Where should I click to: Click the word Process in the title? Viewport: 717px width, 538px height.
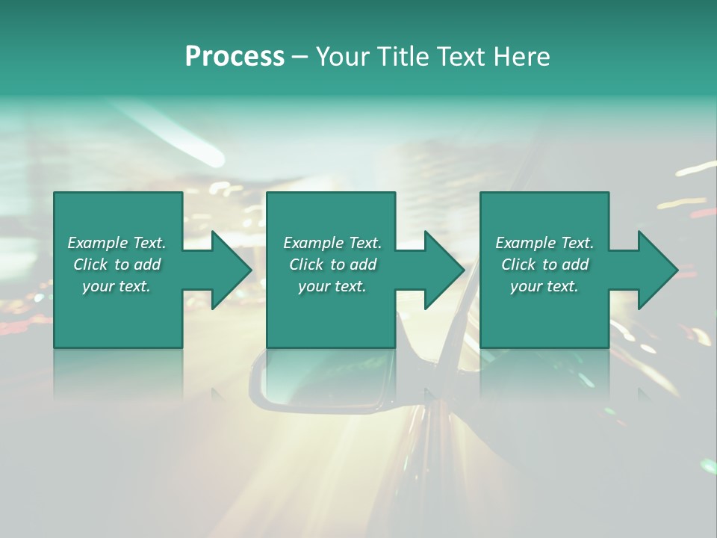(235, 57)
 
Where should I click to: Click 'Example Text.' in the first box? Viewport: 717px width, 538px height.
(117, 243)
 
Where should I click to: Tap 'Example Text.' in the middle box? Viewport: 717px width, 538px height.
(332, 243)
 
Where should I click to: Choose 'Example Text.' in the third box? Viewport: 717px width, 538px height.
(544, 243)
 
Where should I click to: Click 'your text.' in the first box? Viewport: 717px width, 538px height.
(117, 286)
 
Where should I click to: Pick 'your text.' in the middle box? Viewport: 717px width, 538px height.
(332, 286)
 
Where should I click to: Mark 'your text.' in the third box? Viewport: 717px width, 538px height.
(544, 286)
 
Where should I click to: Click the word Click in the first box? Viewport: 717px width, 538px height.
(91, 265)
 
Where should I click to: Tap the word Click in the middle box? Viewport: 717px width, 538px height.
(307, 265)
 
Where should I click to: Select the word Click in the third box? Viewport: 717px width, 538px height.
(519, 265)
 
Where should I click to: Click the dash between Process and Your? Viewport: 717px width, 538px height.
(300, 58)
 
